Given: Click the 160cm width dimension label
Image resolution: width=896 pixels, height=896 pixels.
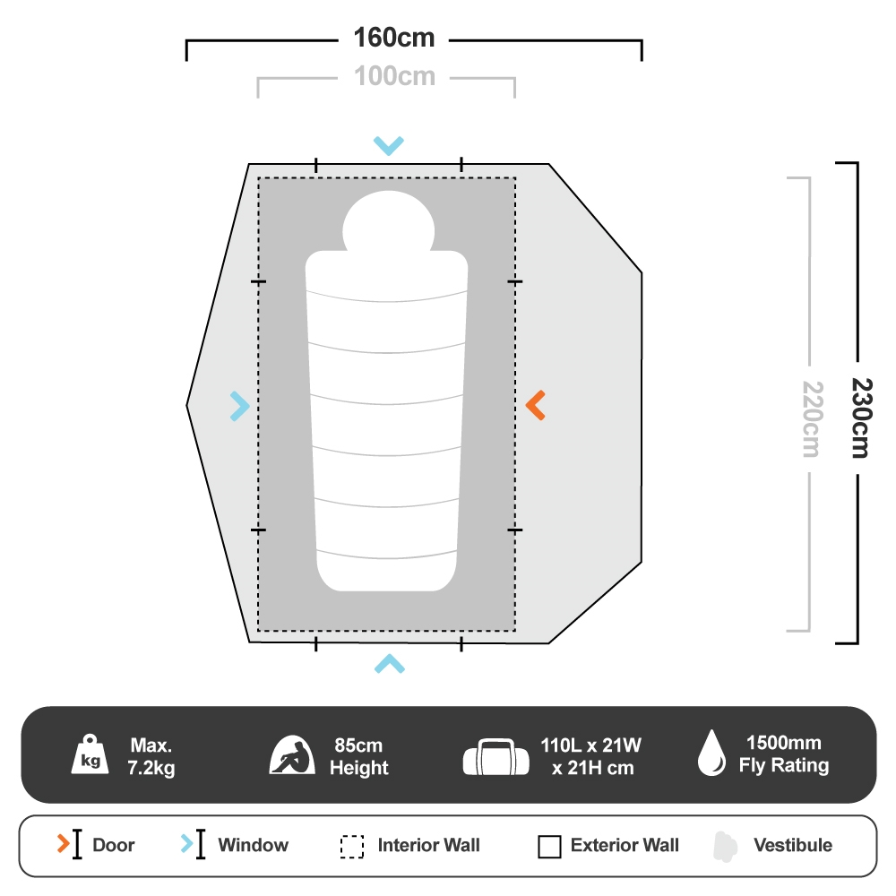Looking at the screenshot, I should (394, 39).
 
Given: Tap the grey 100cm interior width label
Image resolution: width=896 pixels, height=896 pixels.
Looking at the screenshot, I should (394, 77).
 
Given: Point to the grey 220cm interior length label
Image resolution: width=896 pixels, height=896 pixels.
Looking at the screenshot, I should (810, 419).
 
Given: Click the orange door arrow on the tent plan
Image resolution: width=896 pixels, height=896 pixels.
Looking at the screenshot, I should (535, 406).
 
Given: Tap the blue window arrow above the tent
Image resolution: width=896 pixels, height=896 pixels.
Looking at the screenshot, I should (389, 145).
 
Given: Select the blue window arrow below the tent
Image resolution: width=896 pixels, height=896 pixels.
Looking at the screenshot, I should (389, 663).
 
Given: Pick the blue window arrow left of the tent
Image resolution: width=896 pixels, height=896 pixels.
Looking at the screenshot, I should (239, 406).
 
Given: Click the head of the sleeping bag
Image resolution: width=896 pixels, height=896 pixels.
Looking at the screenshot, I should (388, 221).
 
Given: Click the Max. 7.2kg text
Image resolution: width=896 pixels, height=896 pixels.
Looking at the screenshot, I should (151, 757).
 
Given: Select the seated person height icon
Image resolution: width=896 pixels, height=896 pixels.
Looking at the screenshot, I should (293, 755).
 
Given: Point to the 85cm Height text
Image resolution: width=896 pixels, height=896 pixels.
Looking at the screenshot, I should (358, 757).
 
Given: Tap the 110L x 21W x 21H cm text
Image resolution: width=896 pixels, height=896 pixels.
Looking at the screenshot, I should (590, 757).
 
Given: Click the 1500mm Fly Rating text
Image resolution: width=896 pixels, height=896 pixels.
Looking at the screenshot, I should (783, 754).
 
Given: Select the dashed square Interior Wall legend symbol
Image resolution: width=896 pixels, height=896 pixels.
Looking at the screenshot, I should (352, 847).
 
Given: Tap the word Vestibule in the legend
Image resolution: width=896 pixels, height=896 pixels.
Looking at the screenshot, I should (792, 845).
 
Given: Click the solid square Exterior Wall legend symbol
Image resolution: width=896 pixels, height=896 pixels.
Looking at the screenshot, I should (550, 847).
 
